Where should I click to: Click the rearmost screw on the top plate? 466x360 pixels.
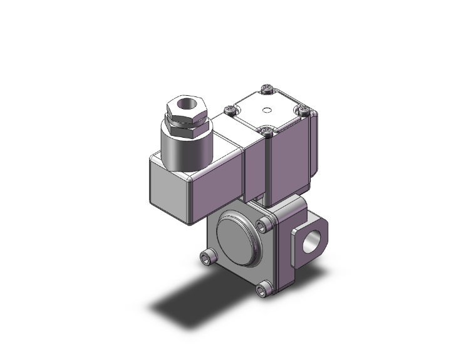(x=267, y=90)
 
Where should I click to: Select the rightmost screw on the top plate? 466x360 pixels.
(x=304, y=111)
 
